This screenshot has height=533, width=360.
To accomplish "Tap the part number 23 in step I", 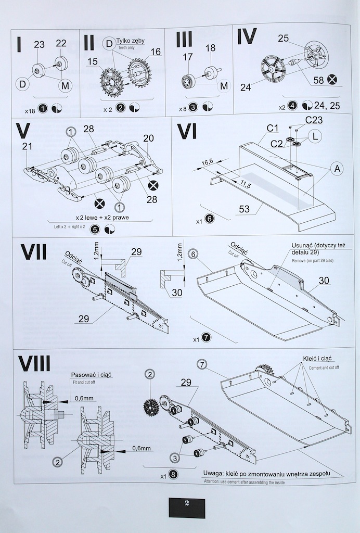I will [40, 45].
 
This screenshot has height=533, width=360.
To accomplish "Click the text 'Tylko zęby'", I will [131, 41].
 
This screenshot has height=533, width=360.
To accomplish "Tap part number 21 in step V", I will [28, 147].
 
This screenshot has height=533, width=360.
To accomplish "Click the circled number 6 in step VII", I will [192, 254].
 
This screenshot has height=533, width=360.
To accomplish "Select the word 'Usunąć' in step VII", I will [304, 244].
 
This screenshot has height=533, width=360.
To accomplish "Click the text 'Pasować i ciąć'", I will [92, 374].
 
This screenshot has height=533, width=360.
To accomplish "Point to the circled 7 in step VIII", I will [202, 363].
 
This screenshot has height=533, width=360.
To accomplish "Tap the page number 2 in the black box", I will [186, 505].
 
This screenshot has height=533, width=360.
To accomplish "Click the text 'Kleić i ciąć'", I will [317, 359].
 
